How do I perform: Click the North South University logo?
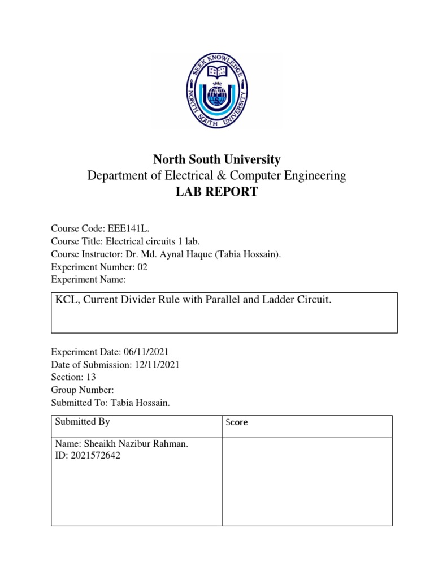216,90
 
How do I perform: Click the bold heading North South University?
216,159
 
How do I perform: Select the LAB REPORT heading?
216,192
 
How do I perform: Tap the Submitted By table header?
83,422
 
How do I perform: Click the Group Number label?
83,390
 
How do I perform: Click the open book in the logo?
216,72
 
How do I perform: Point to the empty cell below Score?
306,482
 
